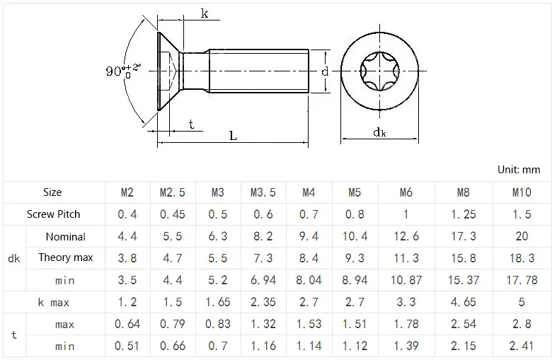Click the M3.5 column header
click(263, 192)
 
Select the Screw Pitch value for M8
click(463, 214)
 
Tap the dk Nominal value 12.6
click(406, 236)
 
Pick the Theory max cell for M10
click(522, 258)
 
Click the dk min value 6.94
click(263, 280)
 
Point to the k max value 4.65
click(463, 302)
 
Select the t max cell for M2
click(127, 324)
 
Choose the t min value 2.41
click(522, 346)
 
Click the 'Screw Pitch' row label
click(53, 214)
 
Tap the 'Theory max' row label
click(66, 257)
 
